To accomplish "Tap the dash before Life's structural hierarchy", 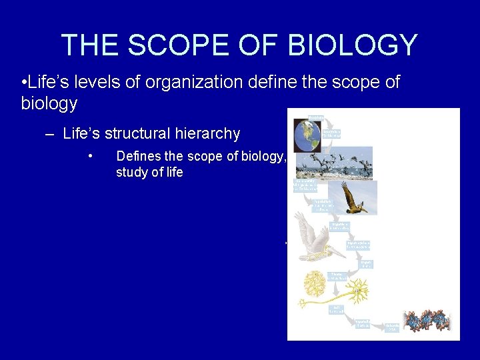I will pos(50,133).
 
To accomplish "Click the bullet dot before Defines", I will pos(89,157).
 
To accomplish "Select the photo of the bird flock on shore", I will pos(334,163).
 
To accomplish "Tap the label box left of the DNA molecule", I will pos(393,327).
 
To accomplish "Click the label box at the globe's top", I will pos(316,118).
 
